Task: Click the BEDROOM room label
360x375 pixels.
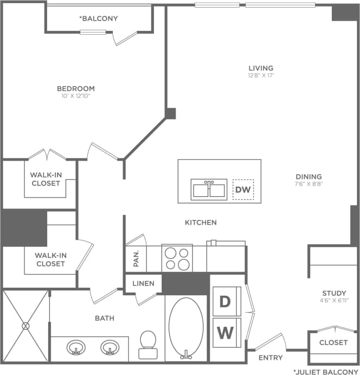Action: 76,88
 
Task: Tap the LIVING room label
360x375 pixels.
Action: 261,68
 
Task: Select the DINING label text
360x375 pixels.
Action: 308,176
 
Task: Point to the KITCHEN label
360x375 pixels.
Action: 201,223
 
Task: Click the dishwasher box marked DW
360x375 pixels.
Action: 243,189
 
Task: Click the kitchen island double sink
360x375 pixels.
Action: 209,189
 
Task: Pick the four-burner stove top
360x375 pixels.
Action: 177,258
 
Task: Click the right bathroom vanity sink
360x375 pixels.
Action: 110,346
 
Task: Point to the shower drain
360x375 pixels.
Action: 25,326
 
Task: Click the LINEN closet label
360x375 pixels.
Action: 144,284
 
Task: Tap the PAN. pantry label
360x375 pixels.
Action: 136,259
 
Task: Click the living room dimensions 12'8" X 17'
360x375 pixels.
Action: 261,75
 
